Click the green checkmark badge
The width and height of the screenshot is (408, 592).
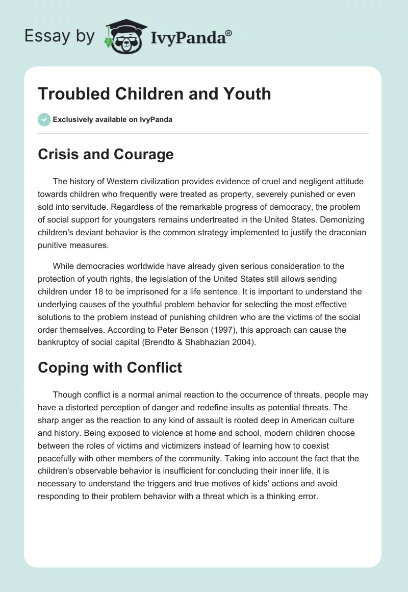click(x=44, y=119)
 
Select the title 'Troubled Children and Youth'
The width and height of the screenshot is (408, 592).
click(x=154, y=94)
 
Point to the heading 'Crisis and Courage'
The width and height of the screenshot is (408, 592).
click(x=106, y=155)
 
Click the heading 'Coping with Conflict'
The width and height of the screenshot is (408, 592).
click(x=110, y=367)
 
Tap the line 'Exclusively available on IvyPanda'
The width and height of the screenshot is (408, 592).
click(x=113, y=119)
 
